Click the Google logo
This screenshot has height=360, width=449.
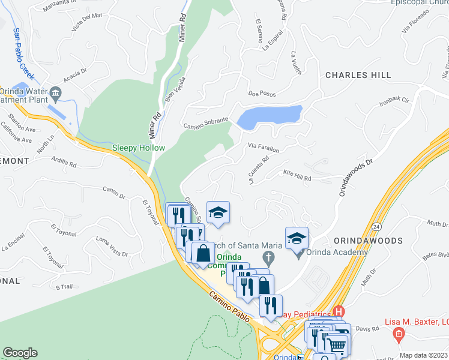click(x=20, y=353)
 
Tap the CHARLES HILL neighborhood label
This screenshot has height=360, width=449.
click(x=358, y=76)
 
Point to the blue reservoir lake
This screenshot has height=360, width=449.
click(x=269, y=116)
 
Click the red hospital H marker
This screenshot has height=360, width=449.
click(x=339, y=312)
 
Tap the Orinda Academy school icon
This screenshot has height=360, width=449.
click(x=297, y=238)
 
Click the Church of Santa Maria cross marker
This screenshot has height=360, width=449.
click(x=268, y=258)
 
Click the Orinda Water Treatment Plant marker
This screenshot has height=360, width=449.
click(x=56, y=92)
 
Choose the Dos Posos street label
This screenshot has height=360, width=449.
click(x=262, y=94)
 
